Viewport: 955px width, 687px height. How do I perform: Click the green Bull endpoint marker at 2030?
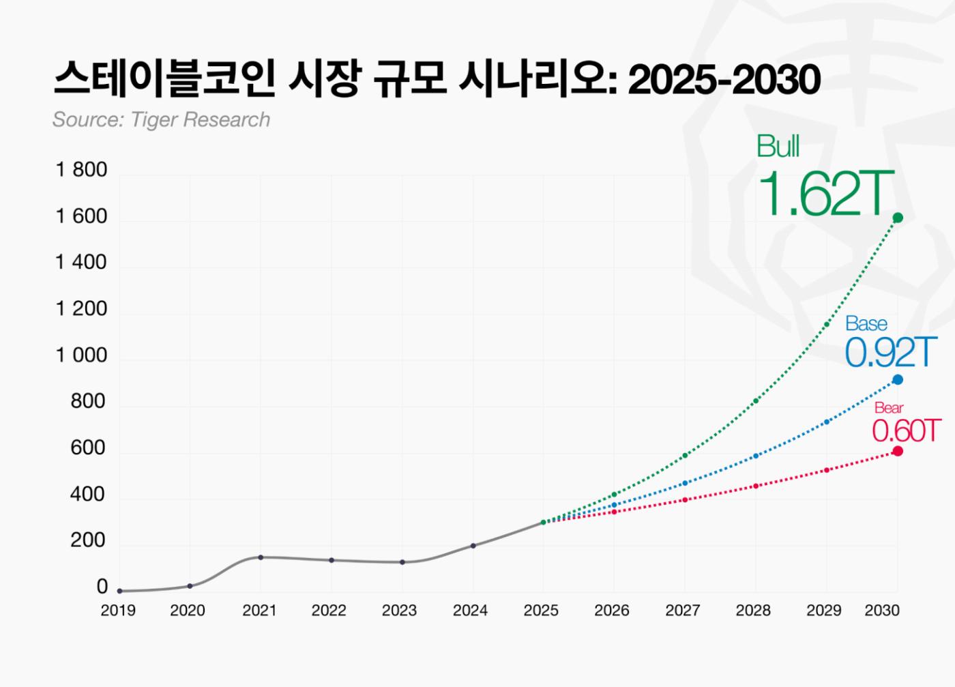[898, 218]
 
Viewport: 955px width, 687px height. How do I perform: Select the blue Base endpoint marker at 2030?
[898, 379]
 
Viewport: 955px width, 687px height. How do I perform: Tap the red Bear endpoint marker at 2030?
[898, 451]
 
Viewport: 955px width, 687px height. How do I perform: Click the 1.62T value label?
[825, 194]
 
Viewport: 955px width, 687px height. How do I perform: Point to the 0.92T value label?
[888, 353]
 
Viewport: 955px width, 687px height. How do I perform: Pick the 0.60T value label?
[906, 431]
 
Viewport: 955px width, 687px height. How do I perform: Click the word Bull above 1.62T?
[778, 147]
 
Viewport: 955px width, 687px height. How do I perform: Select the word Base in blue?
[866, 323]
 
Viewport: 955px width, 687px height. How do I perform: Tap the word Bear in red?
[889, 408]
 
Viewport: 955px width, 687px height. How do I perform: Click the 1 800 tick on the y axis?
[81, 170]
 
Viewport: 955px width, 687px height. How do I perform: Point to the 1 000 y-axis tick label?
[81, 355]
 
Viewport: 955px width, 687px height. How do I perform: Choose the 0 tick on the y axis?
[102, 587]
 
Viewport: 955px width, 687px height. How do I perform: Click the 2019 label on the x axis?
[118, 611]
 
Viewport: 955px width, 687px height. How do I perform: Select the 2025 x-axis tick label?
[541, 611]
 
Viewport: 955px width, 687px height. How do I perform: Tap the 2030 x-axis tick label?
[882, 611]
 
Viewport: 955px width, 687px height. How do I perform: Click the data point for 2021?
[261, 557]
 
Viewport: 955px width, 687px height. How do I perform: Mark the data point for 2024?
[473, 546]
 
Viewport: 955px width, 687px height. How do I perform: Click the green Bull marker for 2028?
[756, 400]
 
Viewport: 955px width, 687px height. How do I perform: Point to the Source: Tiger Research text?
[161, 119]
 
